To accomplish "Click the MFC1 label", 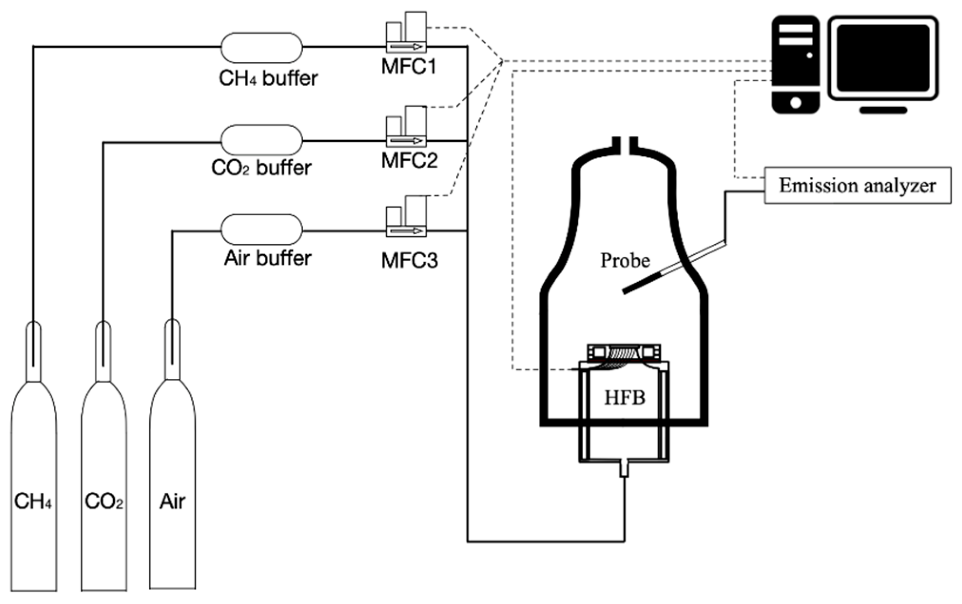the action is (409, 66).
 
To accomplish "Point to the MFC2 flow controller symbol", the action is (406, 126).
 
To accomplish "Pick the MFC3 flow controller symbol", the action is (406, 216).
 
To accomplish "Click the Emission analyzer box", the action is (857, 185).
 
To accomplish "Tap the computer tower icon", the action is (795, 65).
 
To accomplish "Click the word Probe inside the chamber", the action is (625, 260).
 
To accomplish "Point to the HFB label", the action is (625, 398).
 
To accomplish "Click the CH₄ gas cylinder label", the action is (33, 501).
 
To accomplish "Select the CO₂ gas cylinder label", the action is (104, 501).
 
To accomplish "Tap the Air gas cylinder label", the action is (172, 501).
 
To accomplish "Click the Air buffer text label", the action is (268, 258).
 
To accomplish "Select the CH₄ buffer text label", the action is (268, 78).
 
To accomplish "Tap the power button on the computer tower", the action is (795, 102).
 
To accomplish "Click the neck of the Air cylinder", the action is (172, 349).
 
